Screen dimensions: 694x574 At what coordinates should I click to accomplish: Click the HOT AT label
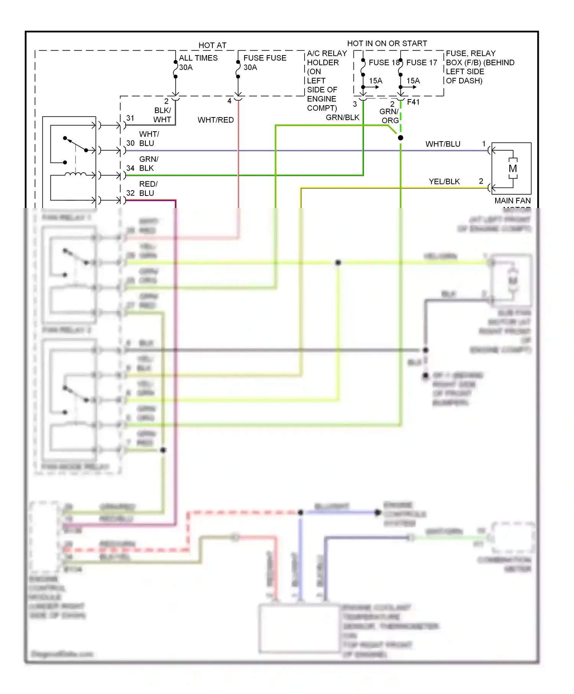(212, 45)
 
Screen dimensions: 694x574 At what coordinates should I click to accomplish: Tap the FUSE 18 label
(384, 62)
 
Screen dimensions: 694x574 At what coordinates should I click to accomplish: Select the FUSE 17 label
(421, 62)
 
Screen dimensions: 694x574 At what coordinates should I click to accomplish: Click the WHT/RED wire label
(215, 120)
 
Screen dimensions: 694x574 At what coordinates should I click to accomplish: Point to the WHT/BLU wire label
(443, 144)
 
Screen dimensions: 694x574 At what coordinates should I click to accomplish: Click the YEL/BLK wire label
(444, 181)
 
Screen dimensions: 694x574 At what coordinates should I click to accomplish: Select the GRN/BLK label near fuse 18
(342, 117)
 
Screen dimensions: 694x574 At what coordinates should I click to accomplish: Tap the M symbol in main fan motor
(513, 168)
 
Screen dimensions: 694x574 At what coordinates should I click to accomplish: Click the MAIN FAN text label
(512, 200)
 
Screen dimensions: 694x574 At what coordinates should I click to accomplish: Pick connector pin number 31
(130, 118)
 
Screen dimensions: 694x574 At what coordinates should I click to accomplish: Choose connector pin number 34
(130, 168)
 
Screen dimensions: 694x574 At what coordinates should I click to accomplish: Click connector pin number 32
(130, 193)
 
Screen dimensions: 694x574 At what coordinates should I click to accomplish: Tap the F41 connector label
(413, 102)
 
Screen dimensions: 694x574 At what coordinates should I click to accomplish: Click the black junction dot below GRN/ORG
(400, 138)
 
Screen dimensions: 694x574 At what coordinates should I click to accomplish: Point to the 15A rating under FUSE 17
(413, 81)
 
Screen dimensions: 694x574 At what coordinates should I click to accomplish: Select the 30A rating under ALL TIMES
(186, 67)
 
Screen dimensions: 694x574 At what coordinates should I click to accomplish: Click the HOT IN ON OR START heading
(387, 43)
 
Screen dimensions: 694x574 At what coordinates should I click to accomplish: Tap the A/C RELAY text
(327, 53)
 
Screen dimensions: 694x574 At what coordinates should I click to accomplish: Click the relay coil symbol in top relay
(75, 174)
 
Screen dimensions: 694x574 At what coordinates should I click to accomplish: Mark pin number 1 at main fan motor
(484, 143)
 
